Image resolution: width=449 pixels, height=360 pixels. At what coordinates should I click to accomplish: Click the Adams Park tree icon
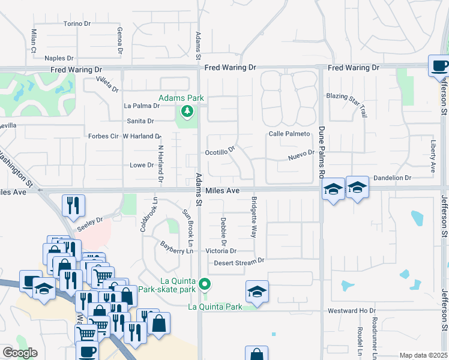point(187,110)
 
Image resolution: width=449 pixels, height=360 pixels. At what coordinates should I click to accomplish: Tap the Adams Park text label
point(181,98)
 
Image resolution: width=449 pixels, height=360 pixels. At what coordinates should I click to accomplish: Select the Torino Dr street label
point(77,24)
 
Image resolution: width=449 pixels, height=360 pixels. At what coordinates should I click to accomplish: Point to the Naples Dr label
point(59,58)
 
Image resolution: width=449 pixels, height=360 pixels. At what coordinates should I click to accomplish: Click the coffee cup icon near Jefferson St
point(439,65)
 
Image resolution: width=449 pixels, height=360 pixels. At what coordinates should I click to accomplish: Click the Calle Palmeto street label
point(289,133)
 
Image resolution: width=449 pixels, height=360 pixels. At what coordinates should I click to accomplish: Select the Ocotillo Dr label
point(220,152)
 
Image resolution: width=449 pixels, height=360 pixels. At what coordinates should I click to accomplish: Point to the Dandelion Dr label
point(392,178)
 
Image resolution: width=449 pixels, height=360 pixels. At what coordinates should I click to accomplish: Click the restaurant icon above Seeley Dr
point(74,205)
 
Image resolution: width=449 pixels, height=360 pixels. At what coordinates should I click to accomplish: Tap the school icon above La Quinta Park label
point(257,292)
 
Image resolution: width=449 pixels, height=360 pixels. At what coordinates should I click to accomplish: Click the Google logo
point(20,353)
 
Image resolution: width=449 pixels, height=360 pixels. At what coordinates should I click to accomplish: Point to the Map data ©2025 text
point(423,355)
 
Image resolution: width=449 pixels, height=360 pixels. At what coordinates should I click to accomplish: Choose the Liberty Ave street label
point(433,157)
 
